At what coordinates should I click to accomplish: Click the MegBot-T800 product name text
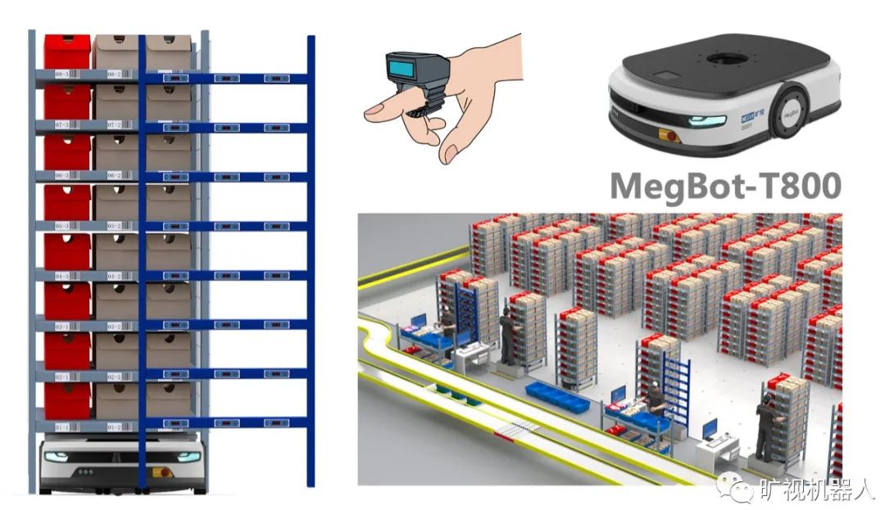point(726,186)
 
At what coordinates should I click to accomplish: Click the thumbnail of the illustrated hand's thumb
point(449,153)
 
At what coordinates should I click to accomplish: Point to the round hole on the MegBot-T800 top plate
point(726,60)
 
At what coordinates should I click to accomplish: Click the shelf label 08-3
point(62,74)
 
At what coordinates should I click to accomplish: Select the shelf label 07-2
point(114,124)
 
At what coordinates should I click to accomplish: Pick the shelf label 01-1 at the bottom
point(62,427)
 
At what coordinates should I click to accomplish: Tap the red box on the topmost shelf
point(67,51)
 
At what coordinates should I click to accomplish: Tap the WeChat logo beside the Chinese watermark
point(733,488)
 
